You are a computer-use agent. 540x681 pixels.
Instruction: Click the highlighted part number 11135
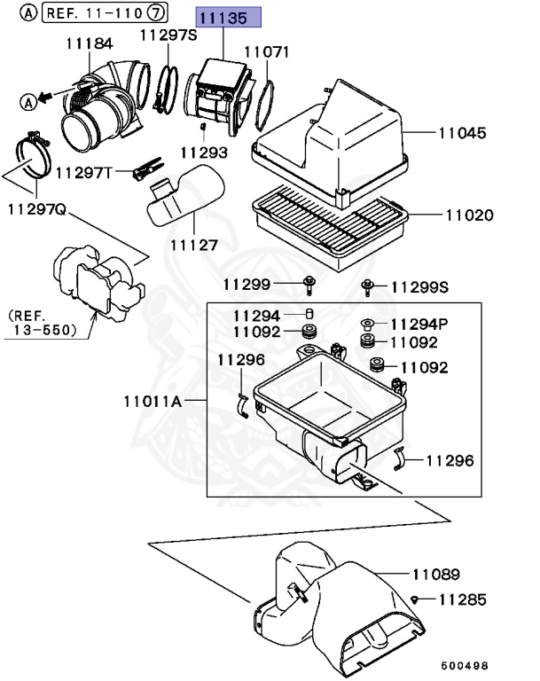click(228, 17)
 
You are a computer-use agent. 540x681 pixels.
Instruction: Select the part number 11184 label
click(90, 43)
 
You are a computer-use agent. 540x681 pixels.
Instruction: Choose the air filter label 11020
click(469, 215)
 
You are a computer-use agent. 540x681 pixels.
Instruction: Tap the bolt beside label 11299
click(309, 285)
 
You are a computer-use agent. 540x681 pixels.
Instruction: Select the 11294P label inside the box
click(419, 324)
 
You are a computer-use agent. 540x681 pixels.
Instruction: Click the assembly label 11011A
click(153, 402)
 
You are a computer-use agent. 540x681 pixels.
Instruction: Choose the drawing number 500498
click(465, 662)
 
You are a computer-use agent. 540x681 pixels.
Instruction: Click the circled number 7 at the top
click(156, 13)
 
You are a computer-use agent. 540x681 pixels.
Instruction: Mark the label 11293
click(204, 153)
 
